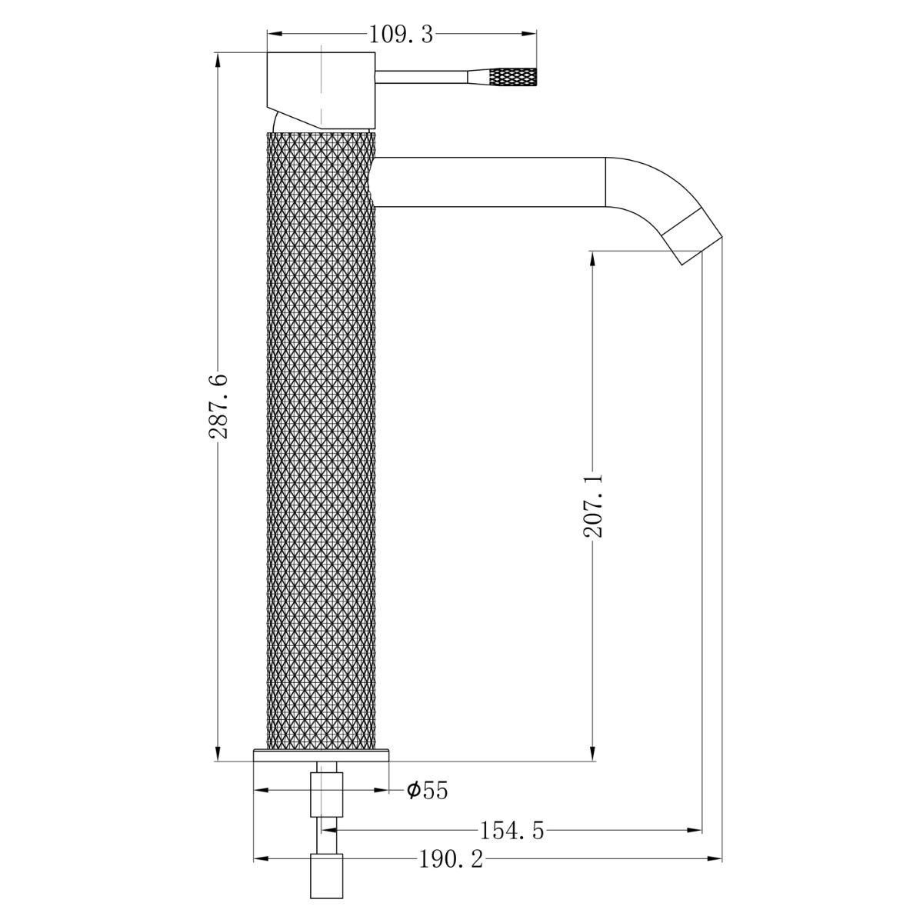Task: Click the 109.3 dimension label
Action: (402, 34)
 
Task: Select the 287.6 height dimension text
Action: (219, 405)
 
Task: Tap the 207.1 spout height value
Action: (593, 505)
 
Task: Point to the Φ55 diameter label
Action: (428, 790)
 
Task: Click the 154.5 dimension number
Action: (511, 831)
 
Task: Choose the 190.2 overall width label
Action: (451, 858)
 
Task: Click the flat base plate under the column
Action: (322, 755)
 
